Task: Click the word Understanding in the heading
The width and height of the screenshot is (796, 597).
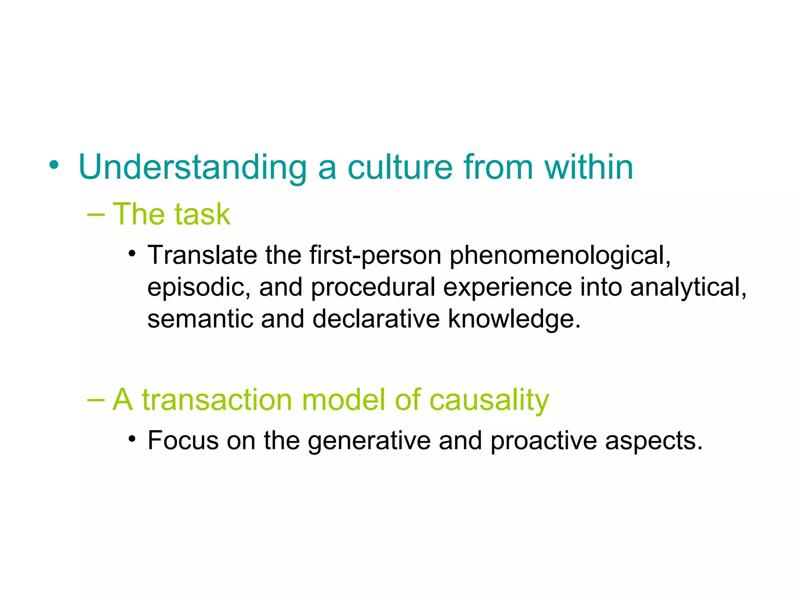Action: pos(192,168)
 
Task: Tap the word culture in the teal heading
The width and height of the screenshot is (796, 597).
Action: pos(400,168)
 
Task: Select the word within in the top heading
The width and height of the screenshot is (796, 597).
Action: pos(588,168)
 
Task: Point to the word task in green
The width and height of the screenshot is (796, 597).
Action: pos(202,215)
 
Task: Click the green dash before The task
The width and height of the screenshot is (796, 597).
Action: pos(96,215)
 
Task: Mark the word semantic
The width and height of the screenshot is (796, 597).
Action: pos(200,319)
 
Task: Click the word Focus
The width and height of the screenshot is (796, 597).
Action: pos(183,441)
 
